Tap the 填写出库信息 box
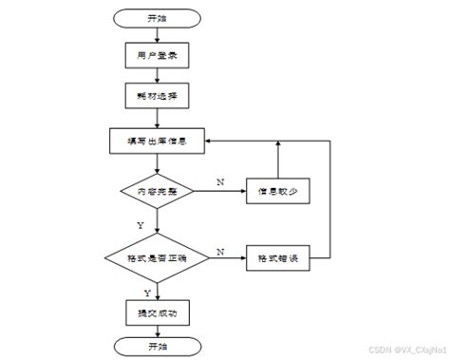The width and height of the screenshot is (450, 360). coord(157,141)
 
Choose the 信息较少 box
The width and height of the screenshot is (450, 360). coord(278,192)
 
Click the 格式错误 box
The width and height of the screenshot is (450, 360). coord(278,256)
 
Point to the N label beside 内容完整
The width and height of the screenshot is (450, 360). coord(219,181)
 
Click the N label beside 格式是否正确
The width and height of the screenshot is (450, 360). coord(219,251)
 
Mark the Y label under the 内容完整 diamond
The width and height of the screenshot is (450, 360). coord(141,225)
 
